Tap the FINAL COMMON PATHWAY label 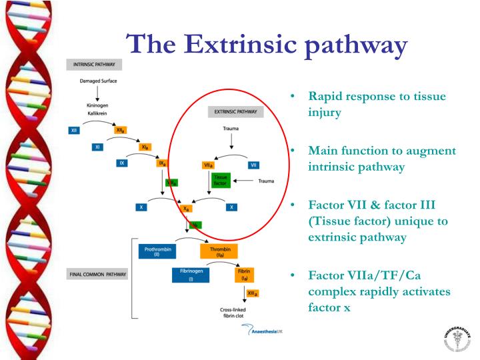(x=97, y=274)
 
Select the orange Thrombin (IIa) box (x=219, y=251)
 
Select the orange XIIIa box (x=252, y=293)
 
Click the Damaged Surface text (x=97, y=81)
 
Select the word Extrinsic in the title (x=242, y=44)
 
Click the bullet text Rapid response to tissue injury (x=377, y=104)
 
